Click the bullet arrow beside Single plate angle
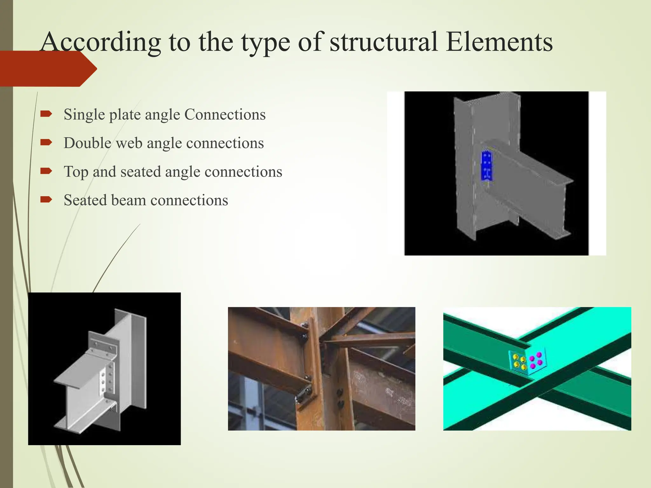click(x=46, y=114)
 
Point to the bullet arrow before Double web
click(x=46, y=142)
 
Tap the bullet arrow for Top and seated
click(x=46, y=171)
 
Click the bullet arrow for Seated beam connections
click(x=46, y=200)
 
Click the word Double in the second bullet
click(x=87, y=143)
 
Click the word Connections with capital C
click(x=225, y=114)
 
